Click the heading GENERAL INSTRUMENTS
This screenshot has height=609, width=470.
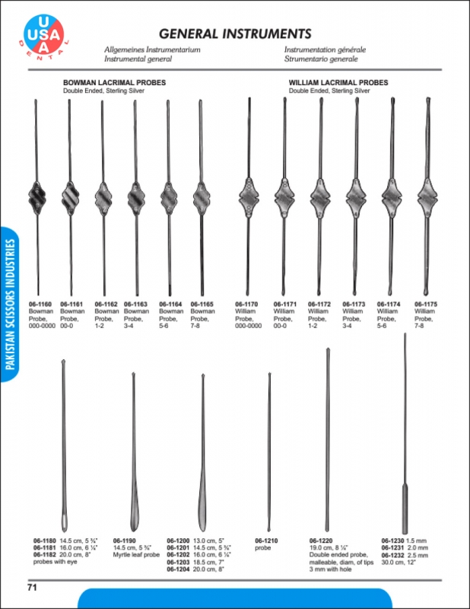235,33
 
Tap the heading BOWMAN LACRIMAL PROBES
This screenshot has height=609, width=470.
114,82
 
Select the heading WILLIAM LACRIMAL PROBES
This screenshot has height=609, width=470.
338,82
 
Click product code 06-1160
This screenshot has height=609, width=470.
40,304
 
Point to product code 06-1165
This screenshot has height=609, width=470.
202,304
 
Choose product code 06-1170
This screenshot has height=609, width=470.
246,304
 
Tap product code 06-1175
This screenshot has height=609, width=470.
426,304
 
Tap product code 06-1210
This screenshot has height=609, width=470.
266,540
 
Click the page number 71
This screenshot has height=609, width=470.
32,587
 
